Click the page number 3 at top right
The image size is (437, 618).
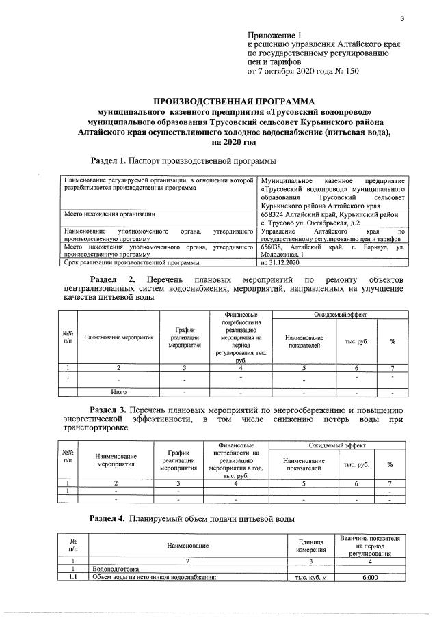[x=403, y=18]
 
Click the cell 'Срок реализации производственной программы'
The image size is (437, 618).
[x=131, y=262]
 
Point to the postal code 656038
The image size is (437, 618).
[x=275, y=246]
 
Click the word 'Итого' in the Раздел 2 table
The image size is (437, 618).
[x=119, y=392]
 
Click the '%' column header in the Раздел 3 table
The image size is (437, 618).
[x=390, y=464]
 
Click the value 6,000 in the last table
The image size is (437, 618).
[x=369, y=578]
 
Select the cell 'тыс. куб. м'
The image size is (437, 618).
[x=311, y=578]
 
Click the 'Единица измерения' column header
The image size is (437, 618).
[x=311, y=545]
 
